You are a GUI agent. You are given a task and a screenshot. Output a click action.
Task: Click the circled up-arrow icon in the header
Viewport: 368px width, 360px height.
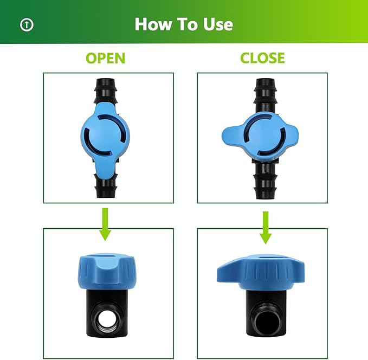(27, 24)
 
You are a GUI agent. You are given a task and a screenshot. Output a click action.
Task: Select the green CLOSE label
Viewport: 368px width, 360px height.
(262, 58)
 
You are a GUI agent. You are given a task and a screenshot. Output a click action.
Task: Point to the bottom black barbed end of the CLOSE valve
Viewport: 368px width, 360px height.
(265, 184)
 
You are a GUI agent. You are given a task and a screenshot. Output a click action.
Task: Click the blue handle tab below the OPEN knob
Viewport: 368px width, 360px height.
(107, 172)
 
